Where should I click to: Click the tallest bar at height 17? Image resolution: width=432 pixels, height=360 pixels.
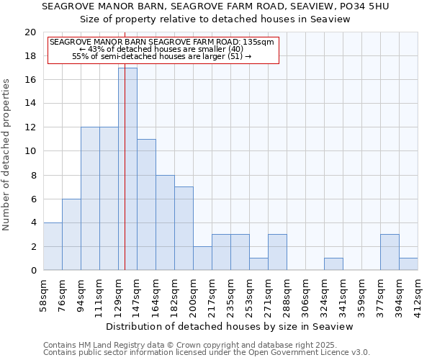[127, 169]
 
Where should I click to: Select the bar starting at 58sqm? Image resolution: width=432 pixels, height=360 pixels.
[53, 246]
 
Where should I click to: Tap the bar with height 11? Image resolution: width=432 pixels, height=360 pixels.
[146, 204]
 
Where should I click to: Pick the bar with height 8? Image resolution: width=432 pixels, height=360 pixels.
[165, 222]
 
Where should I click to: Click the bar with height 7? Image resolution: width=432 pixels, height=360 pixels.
[184, 228]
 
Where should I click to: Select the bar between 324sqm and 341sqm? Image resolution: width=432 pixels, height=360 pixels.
[333, 264]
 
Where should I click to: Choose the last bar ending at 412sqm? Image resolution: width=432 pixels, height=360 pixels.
[408, 264]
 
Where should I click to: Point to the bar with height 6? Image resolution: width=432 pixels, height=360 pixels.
[71, 235]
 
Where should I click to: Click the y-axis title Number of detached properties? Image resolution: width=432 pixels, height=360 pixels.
[7, 155]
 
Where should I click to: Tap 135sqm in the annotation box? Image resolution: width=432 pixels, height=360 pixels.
[258, 42]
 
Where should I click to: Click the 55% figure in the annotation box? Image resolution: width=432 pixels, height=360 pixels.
[79, 56]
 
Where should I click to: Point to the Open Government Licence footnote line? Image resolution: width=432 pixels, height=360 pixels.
[207, 353]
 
